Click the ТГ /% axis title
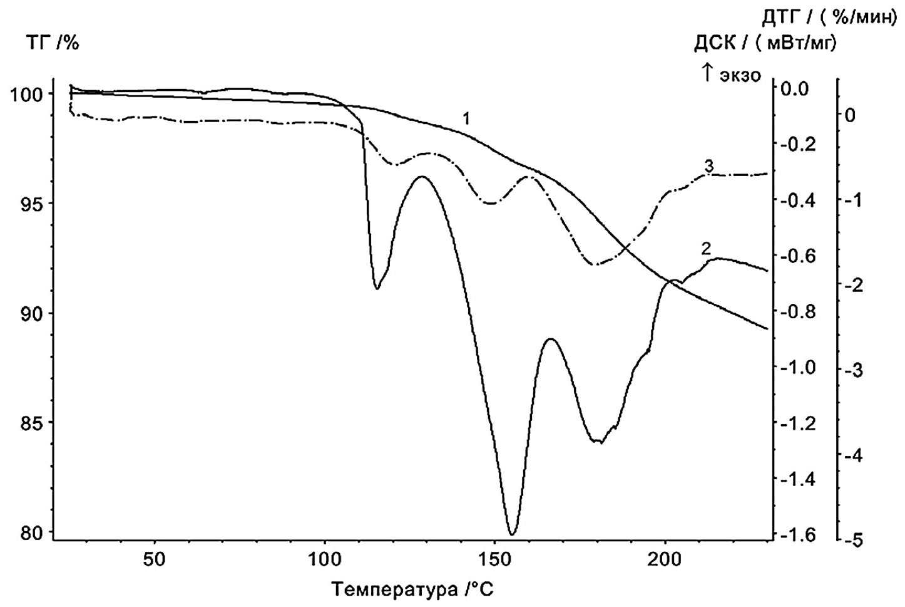pos(52,44)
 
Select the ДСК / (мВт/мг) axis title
pos(765,43)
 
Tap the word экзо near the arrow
pos(740,75)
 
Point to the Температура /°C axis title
pos(417,589)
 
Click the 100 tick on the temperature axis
pos(324,559)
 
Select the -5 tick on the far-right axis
pos(853,540)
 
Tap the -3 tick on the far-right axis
pos(853,370)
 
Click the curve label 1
pos(466,117)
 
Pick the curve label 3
pos(709,166)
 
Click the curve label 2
pos(706,248)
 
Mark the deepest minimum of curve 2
pos(512,534)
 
